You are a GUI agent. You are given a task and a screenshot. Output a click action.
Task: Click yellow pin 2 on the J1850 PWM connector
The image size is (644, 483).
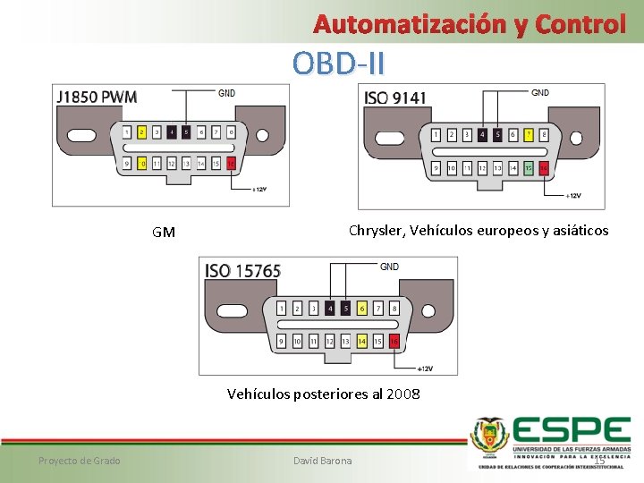[141, 132]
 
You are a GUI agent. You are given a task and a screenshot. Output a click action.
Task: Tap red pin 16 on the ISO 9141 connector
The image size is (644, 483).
[544, 167]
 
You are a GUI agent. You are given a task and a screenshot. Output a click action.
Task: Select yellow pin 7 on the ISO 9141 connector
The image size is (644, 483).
[529, 135]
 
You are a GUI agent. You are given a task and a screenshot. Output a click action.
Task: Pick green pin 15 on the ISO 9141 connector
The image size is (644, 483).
[529, 167]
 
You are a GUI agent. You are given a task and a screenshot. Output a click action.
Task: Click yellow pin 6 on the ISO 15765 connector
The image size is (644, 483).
[362, 309]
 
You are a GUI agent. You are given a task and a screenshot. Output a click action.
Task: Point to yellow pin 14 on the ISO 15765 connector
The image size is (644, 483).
[362, 341]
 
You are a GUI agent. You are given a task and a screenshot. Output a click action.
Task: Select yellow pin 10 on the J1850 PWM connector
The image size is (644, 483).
[141, 164]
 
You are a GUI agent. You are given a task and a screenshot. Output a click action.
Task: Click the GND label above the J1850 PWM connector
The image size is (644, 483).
[227, 91]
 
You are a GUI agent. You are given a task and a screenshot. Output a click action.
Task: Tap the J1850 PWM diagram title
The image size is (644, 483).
[97, 97]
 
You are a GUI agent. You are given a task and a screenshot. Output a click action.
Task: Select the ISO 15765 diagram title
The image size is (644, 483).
[243, 270]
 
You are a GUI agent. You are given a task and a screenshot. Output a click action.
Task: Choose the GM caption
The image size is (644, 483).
[164, 233]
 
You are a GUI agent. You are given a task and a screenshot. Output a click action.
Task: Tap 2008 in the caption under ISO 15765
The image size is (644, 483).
[403, 394]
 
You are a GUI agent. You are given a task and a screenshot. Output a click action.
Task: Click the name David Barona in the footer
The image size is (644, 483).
[323, 461]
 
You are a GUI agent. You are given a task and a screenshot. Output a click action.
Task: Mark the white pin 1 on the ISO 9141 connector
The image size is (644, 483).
[436, 135]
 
